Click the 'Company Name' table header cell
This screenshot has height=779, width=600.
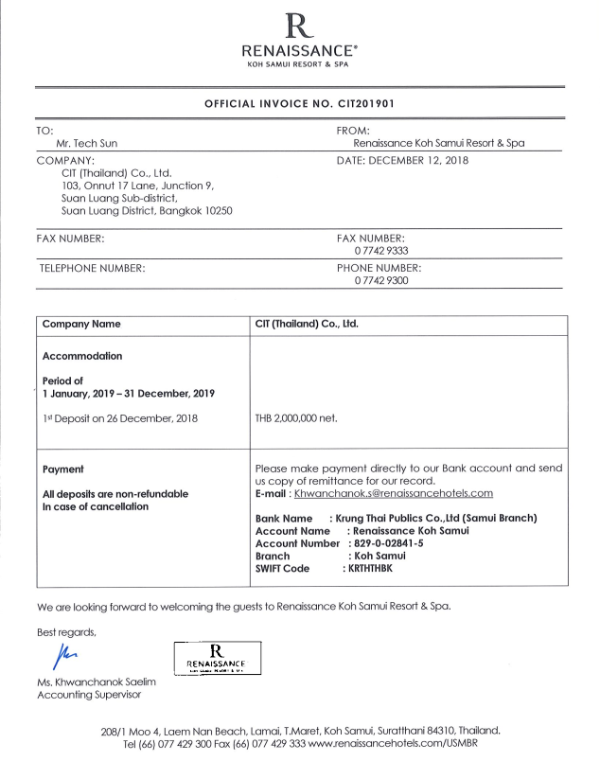(81, 324)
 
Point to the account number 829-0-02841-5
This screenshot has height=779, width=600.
(388, 543)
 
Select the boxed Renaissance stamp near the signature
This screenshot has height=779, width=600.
(219, 657)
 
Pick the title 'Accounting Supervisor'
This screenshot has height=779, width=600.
(89, 696)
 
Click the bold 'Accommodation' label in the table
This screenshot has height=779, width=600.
(82, 357)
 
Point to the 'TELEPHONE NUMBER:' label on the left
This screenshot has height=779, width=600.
(92, 269)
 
